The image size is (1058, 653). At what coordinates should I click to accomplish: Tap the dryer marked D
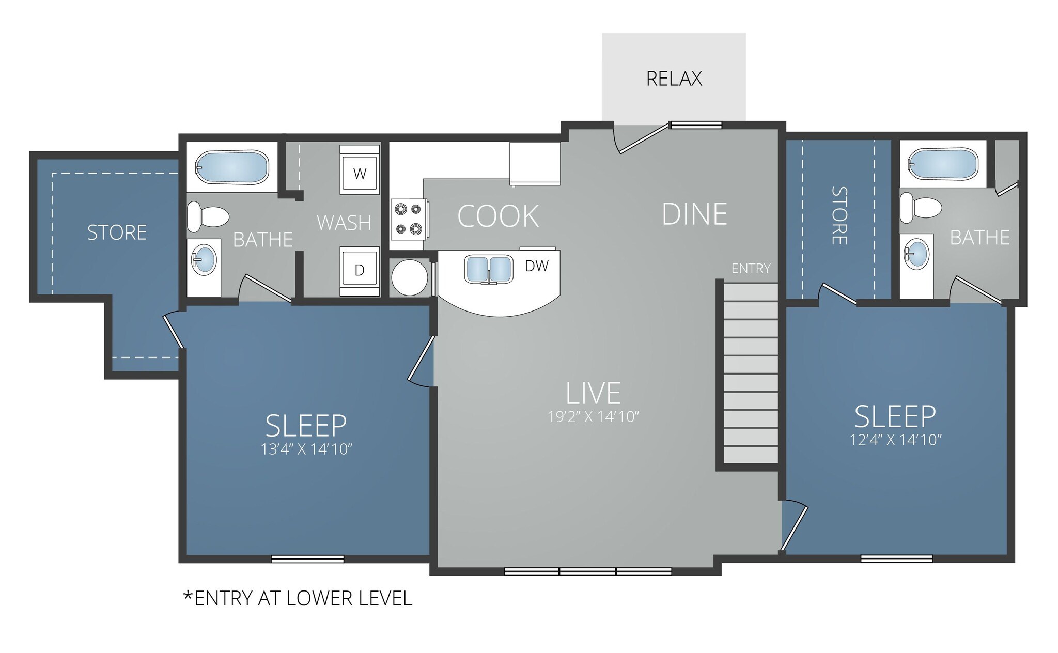pos(360,271)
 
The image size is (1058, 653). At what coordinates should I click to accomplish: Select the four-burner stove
pos(408,219)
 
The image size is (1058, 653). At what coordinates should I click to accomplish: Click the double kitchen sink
pos(489,269)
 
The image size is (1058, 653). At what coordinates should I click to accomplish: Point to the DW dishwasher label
pos(537,266)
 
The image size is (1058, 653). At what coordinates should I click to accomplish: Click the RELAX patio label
pos(674,79)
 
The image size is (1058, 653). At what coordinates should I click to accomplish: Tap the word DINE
pos(694,214)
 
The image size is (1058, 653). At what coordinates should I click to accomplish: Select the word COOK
pos(498,216)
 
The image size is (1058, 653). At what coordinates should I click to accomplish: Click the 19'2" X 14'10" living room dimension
pos(594,417)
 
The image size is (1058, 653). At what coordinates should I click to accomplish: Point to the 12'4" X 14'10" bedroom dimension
pos(896,440)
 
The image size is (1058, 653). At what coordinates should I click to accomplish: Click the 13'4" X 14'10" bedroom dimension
pos(306,449)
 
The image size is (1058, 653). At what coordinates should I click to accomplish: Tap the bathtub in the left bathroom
pos(232,167)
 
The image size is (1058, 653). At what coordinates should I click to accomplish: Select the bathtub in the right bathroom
pos(943,164)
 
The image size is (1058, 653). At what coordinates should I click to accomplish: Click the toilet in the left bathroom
pos(207,216)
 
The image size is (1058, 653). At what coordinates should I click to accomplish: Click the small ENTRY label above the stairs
pos(751,269)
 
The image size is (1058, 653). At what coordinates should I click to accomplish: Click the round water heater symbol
pos(409,277)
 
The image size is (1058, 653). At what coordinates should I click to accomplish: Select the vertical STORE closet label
pos(839,216)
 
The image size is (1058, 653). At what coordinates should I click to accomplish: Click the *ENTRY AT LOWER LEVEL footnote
pos(298,598)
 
